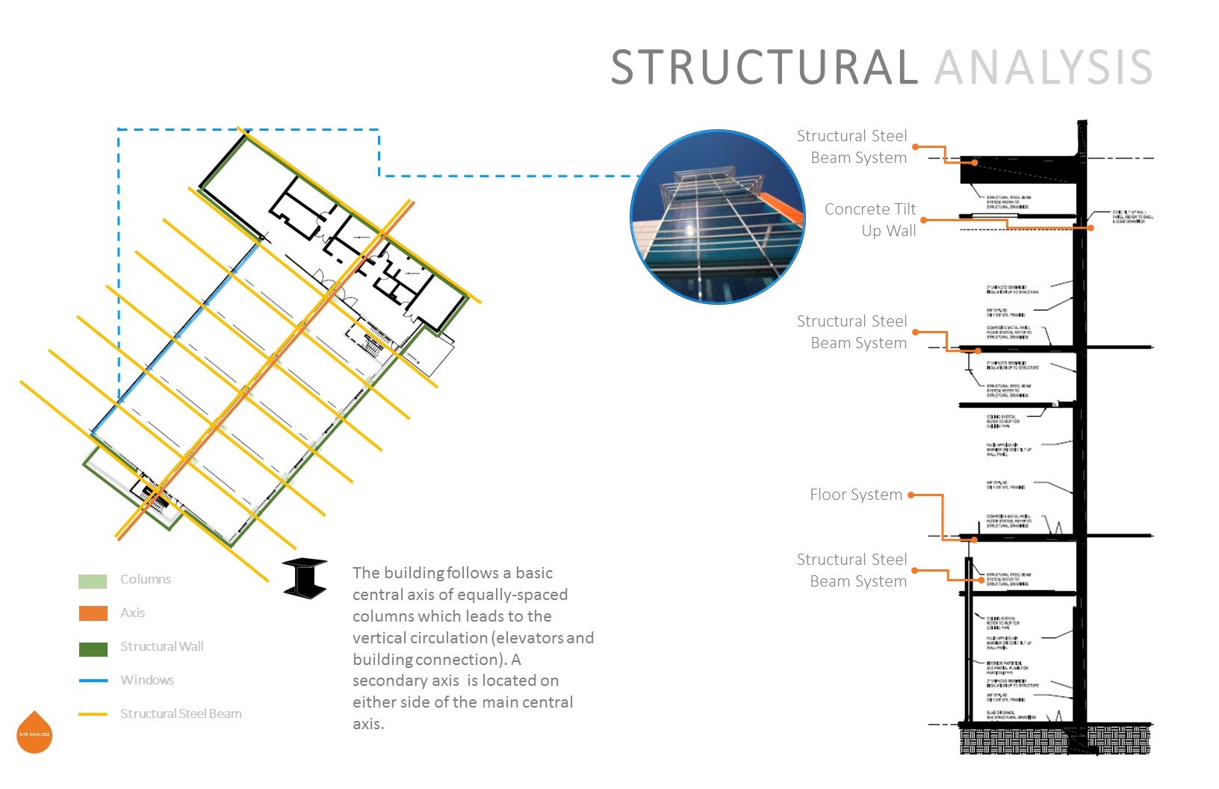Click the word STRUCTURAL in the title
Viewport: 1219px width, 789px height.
click(764, 67)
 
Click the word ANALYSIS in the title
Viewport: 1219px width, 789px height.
click(1043, 67)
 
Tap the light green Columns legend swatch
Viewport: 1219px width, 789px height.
click(93, 581)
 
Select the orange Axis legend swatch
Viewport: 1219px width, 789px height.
click(93, 613)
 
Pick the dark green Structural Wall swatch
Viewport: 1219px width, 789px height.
click(93, 648)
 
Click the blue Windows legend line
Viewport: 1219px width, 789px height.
click(93, 681)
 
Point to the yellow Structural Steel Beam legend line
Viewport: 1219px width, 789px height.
click(93, 714)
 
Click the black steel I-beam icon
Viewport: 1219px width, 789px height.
click(305, 578)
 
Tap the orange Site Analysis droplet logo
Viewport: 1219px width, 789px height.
click(34, 732)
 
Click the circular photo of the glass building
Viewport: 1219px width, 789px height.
click(718, 217)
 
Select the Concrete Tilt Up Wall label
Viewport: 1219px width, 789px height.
click(870, 220)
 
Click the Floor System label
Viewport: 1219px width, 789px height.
click(856, 495)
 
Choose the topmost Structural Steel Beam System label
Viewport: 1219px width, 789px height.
click(852, 146)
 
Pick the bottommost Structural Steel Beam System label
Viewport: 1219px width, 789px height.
click(852, 570)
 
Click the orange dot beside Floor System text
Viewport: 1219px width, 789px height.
click(911, 495)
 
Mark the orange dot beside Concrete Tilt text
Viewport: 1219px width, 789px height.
click(924, 220)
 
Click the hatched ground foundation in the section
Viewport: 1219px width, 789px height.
click(1053, 739)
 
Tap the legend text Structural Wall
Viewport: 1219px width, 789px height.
click(161, 647)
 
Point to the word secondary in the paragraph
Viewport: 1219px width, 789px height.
click(388, 681)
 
